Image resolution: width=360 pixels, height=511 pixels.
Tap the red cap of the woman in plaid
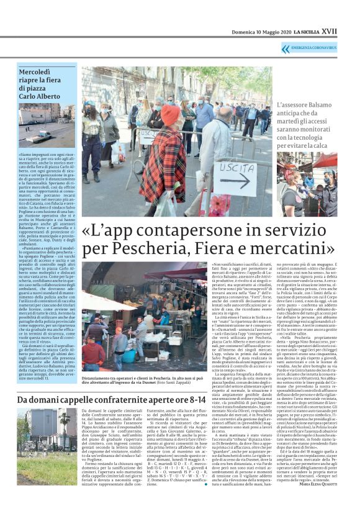[171, 114]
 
